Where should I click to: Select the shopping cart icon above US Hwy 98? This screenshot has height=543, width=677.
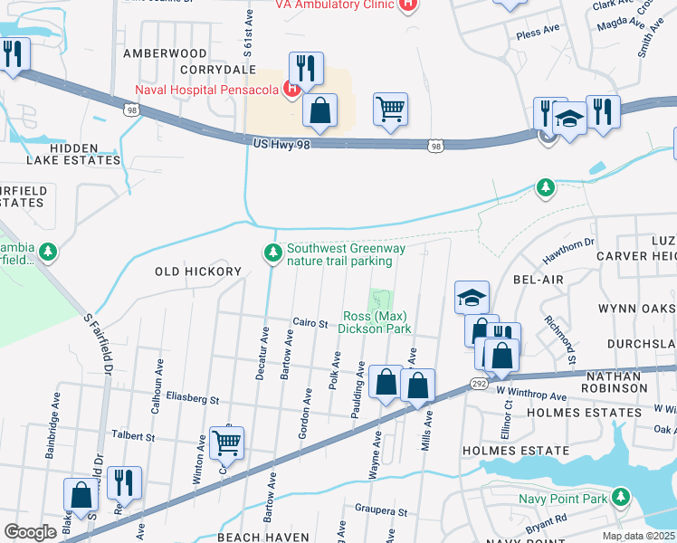pyautogui.click(x=390, y=109)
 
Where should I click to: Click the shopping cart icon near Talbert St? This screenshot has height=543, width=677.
pyautogui.click(x=226, y=443)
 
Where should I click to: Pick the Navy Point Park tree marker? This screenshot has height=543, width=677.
pyautogui.click(x=620, y=498)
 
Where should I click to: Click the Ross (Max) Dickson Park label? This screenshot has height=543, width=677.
pyautogui.click(x=375, y=322)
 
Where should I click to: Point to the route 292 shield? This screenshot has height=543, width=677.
pyautogui.click(x=480, y=385)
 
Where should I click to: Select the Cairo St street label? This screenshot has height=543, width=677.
pyautogui.click(x=309, y=322)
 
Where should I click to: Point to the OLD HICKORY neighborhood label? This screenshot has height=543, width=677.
pyautogui.click(x=198, y=271)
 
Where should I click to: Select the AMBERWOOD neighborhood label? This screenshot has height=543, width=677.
pyautogui.click(x=165, y=53)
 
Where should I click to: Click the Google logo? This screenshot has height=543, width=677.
pyautogui.click(x=30, y=532)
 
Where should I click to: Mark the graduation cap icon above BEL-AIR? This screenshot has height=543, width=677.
pyautogui.click(x=472, y=297)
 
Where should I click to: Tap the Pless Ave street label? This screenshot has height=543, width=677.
pyautogui.click(x=538, y=33)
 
